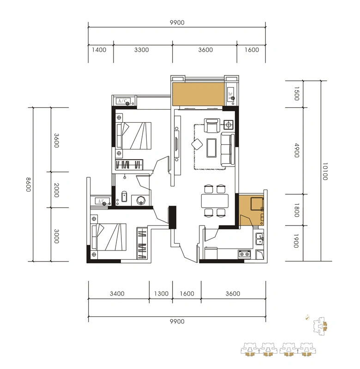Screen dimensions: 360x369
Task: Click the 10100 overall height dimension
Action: [325, 171]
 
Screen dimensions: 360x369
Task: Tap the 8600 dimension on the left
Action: [29, 184]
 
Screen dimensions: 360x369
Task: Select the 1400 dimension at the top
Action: [99, 50]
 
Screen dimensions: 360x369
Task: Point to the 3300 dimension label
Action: [142, 50]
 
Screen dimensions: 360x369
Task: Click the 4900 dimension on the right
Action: [297, 150]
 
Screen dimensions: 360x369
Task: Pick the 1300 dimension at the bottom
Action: [161, 294]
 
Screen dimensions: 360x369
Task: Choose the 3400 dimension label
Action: [117, 294]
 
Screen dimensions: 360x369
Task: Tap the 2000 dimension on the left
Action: [56, 190]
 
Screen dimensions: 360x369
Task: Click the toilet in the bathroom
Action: [124, 196]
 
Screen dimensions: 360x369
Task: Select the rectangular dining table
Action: [215, 201]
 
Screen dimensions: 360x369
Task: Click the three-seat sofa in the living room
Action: [228, 149]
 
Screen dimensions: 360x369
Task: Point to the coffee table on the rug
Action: [211, 148]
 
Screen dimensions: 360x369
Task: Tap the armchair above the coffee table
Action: [212, 125]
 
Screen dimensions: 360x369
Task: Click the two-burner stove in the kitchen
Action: [244, 254]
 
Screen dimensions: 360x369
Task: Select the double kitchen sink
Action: [260, 239]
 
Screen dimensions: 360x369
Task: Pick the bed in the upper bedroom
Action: [134, 136]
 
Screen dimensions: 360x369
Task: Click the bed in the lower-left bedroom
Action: [109, 237]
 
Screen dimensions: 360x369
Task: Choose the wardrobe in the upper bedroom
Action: [129, 165]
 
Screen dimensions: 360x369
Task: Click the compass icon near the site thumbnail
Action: [307, 317]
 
